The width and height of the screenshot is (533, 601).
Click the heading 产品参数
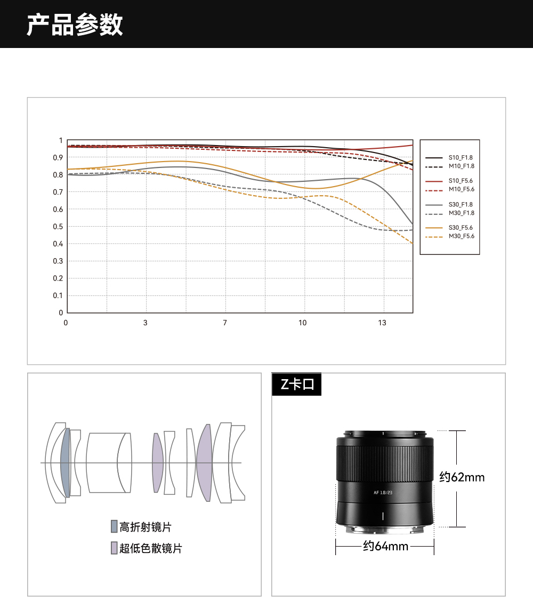pyautogui.click(x=75, y=25)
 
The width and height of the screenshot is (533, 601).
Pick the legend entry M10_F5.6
pyautogui.click(x=461, y=189)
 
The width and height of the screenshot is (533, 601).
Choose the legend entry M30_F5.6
pyautogui.click(x=461, y=236)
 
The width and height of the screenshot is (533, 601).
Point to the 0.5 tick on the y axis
pyautogui.click(x=60, y=227)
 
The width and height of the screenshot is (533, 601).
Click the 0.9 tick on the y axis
pyautogui.click(x=60, y=157)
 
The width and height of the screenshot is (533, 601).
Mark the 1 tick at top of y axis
pyautogui.click(x=61, y=140)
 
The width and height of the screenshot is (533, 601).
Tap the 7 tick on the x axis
pyautogui.click(x=225, y=323)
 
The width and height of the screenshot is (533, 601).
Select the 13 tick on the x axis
pyautogui.click(x=382, y=323)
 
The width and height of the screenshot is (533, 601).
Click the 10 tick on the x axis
pyautogui.click(x=303, y=323)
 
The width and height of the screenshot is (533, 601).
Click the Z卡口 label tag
pyautogui.click(x=297, y=384)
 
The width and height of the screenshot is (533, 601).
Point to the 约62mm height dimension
pyautogui.click(x=462, y=477)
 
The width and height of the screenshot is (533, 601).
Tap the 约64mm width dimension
pyautogui.click(x=385, y=546)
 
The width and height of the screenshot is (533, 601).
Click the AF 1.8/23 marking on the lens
pyautogui.click(x=384, y=493)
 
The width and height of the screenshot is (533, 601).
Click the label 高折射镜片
pyautogui.click(x=145, y=527)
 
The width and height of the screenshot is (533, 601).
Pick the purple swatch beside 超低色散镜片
pyautogui.click(x=114, y=548)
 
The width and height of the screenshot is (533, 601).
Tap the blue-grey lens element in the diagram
pyautogui.click(x=66, y=462)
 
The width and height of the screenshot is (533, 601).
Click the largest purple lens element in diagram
pyautogui.click(x=204, y=463)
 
